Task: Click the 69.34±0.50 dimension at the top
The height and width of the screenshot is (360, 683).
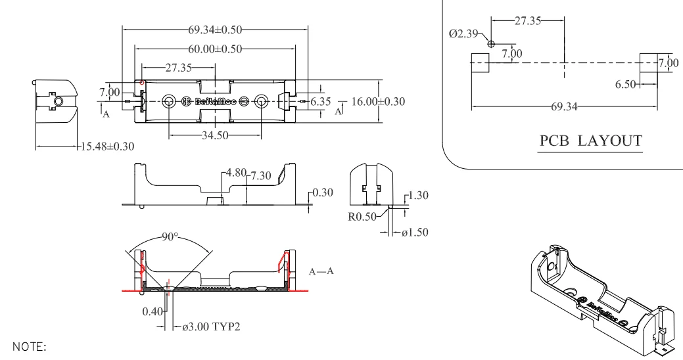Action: click(x=215, y=30)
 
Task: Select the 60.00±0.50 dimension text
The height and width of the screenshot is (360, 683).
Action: click(x=215, y=49)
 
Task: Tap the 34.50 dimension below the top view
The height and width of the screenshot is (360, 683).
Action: click(x=215, y=135)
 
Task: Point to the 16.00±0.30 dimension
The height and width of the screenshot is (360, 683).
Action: click(x=378, y=101)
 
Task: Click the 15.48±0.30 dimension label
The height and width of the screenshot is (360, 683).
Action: click(x=108, y=146)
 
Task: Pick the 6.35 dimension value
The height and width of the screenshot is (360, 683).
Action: click(x=321, y=101)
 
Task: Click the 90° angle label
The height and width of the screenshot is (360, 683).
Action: click(x=170, y=236)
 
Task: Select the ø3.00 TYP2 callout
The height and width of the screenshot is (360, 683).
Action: click(x=211, y=326)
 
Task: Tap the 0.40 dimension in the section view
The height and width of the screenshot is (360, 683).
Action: click(x=153, y=311)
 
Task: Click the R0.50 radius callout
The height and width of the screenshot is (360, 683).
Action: click(x=362, y=216)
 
